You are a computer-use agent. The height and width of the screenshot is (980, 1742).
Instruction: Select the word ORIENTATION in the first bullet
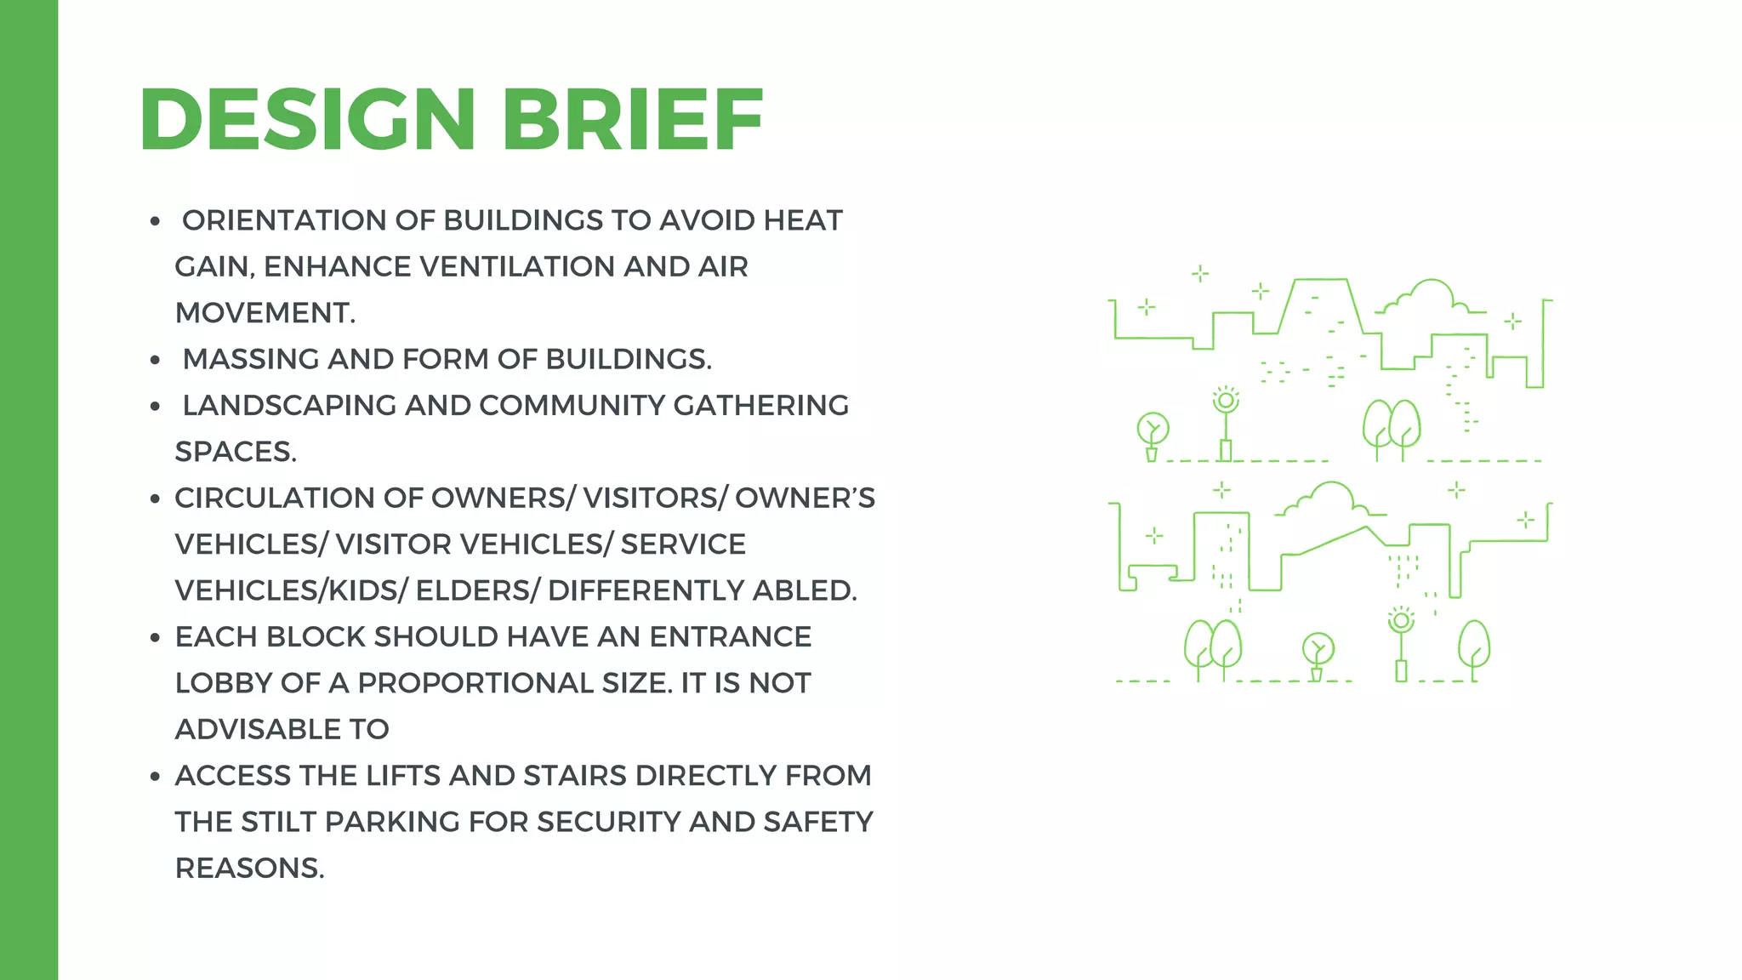284,220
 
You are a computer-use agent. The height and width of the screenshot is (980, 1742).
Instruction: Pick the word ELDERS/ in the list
477,590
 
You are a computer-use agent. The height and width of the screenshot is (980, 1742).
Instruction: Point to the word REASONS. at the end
249,868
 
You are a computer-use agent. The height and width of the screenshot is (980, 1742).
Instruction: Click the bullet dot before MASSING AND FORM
155,360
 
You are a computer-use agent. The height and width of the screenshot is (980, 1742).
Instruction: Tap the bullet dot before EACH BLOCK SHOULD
155,637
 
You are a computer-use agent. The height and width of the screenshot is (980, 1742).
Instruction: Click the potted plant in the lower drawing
1318,657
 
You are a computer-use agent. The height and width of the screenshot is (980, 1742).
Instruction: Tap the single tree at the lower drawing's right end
1474,648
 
